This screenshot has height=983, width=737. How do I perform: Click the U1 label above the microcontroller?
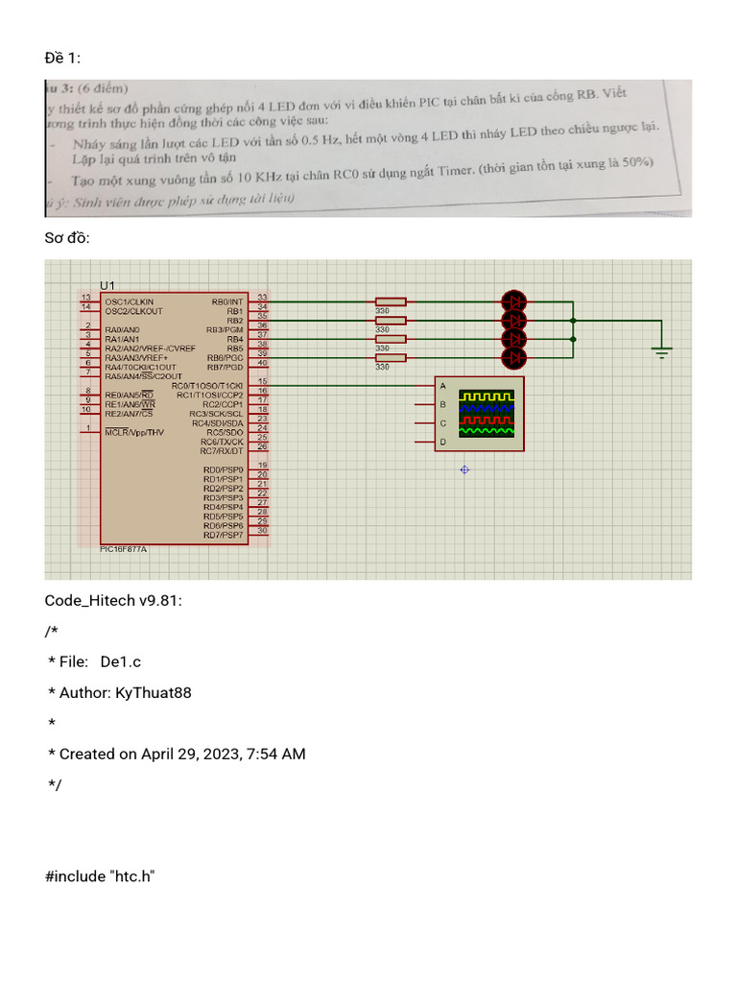coord(107,285)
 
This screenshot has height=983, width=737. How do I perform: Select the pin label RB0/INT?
coord(227,300)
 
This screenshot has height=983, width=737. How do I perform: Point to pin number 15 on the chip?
coord(262,382)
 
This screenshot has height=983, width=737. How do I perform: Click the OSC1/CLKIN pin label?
coord(128,300)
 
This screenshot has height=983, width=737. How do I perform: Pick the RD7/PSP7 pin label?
coord(223,535)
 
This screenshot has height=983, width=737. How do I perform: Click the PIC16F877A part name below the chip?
coord(124,549)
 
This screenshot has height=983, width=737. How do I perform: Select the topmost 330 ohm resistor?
coord(391,300)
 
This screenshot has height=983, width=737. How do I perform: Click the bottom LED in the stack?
coord(515,358)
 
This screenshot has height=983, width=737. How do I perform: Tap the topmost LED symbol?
coord(515,300)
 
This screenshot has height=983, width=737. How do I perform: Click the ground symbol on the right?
coord(661,352)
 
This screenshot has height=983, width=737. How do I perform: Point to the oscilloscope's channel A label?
coord(442,386)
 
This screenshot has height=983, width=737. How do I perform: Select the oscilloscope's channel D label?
coord(442,442)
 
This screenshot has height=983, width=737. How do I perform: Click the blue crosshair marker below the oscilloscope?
coord(464,469)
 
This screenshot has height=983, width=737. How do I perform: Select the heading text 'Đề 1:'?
coord(62,60)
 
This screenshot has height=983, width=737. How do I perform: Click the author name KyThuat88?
coord(153,692)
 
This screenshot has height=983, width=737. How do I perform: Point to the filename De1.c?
coord(120,661)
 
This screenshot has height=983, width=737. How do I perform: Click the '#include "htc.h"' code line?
coord(100,876)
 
